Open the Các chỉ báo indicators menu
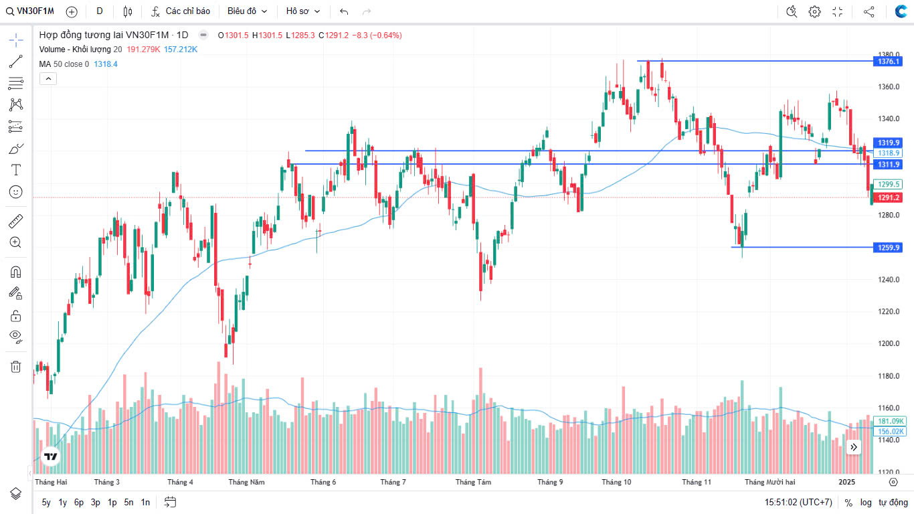pos(181,11)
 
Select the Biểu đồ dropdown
pos(247,11)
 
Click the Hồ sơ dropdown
pos(303,11)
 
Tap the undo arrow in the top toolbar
pos(344,11)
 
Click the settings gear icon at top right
pos(814,11)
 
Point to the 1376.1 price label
pos(889,62)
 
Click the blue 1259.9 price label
pos(889,248)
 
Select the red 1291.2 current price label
pos(889,197)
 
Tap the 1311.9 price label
pos(889,165)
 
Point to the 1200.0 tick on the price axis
pos(889,344)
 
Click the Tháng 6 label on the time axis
pos(323,482)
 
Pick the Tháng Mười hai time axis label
pos(769,482)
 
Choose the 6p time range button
pos(79,502)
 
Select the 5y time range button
pos(46,502)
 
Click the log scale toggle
pos(866,502)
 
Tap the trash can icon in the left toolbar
pos(16,366)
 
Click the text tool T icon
pos(16,170)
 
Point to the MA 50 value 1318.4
pos(106,64)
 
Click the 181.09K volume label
pos(891,421)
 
